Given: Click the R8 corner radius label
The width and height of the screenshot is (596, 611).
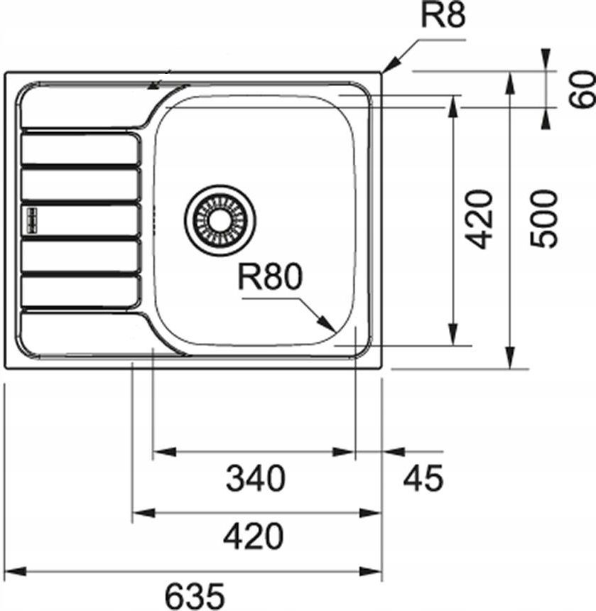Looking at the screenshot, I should click(444, 15).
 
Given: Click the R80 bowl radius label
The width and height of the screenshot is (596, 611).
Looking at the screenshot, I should click(270, 277).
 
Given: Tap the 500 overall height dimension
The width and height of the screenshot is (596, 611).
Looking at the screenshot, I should click(546, 218).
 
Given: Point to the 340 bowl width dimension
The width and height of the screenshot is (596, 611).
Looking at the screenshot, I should click(255, 479).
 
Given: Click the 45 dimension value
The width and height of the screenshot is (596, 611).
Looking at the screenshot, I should click(423, 479).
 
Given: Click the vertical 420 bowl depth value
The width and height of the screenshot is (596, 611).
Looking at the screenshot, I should click(481, 218).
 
